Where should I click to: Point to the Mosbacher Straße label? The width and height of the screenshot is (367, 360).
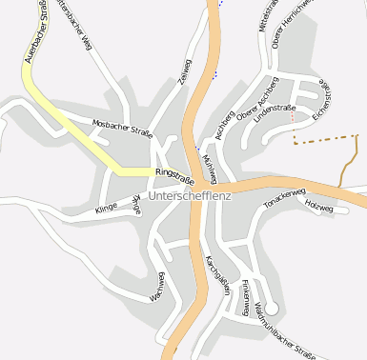point(122,125)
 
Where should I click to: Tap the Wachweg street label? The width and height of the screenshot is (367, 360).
point(161,286)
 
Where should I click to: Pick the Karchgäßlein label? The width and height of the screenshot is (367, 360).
point(217,276)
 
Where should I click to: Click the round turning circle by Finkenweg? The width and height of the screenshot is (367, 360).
point(272,308)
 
